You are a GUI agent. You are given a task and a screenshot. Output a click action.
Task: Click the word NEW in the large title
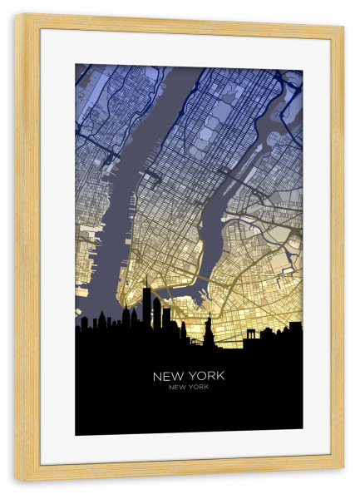point(169,376)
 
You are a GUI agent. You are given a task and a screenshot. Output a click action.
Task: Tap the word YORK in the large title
point(206,376)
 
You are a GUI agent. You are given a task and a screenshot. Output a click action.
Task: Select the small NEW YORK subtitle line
point(189,388)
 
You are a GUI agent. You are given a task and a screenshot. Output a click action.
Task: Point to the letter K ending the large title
point(220,376)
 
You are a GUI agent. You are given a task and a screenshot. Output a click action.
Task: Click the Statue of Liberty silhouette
point(208,333)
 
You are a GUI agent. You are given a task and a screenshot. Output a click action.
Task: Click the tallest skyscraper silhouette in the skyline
point(146,308)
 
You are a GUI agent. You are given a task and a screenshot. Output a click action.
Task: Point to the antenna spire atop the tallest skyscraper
point(146,281)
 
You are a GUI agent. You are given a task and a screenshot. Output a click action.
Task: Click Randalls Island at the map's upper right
point(291,83)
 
